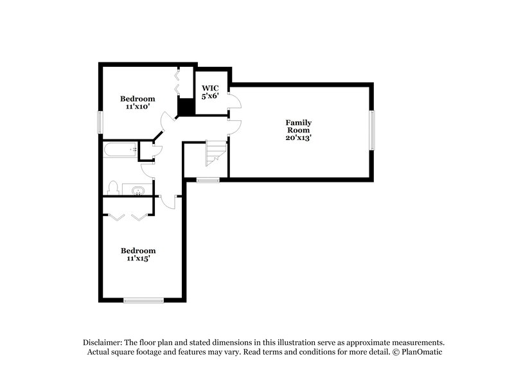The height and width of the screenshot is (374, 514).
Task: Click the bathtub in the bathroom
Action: point(121,150)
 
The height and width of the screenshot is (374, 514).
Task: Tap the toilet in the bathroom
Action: point(113,188)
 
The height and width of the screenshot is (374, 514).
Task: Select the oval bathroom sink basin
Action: point(138,190)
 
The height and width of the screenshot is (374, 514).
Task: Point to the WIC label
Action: point(211,87)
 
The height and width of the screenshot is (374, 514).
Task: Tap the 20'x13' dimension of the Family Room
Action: point(299,138)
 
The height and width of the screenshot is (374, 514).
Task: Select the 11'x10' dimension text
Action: point(138,107)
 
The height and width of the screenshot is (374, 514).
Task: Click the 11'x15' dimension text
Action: point(138,258)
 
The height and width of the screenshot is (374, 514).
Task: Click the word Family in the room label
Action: point(299,122)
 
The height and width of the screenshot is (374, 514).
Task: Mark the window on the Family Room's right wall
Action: point(371,130)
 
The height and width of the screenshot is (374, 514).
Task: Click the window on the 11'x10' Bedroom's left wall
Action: point(100,123)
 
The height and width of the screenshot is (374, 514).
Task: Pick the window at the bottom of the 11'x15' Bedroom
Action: point(144,299)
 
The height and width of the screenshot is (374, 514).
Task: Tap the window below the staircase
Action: point(208,180)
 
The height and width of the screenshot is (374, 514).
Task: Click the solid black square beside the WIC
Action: point(186,107)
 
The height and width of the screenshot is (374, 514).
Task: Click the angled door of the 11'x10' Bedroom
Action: point(167,119)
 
